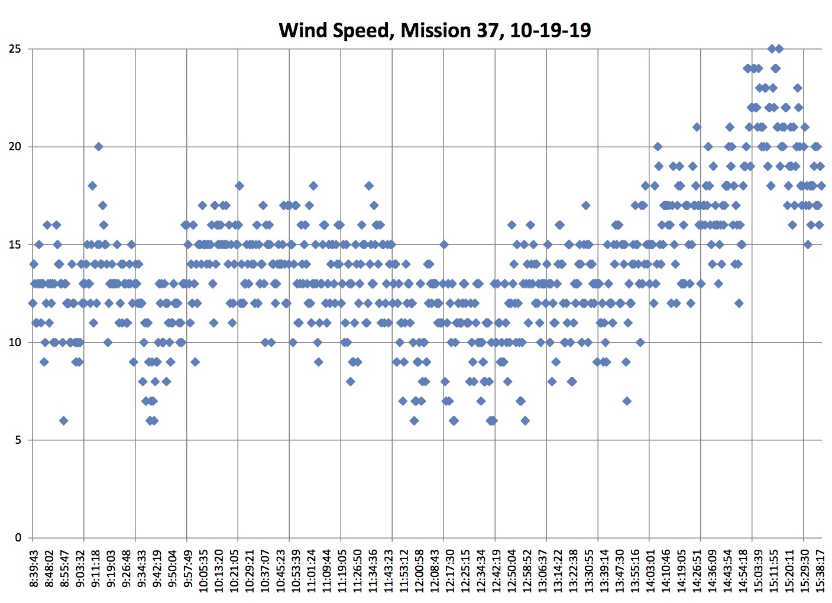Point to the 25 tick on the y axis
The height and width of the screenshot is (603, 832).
[x=15, y=49]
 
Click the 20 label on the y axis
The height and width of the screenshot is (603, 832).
[x=15, y=147]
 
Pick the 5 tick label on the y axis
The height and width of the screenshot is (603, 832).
[x=18, y=440]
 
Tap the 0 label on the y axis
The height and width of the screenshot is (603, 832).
[x=18, y=538]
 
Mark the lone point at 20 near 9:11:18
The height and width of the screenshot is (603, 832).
[x=99, y=147]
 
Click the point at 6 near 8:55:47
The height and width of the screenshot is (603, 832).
[x=63, y=421]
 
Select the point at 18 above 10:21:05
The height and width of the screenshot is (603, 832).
[x=239, y=186]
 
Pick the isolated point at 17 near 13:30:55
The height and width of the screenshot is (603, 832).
[x=585, y=205]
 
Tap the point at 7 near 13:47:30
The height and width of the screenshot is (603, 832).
[x=627, y=401]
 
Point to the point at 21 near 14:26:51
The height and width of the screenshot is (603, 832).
[x=697, y=127]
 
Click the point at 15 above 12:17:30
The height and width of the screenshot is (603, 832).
[x=444, y=244]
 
